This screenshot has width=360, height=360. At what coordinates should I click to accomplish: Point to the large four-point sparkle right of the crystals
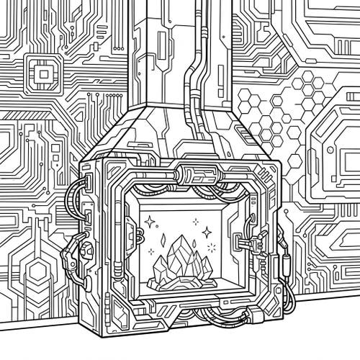click(207, 232)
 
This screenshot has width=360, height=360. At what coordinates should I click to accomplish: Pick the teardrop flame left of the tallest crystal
click(163, 237)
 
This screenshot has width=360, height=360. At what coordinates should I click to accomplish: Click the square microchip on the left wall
click(44, 73)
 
